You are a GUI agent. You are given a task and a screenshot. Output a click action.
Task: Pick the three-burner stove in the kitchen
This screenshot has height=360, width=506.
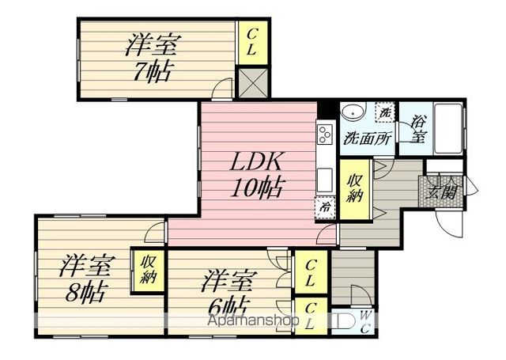pos(325,136)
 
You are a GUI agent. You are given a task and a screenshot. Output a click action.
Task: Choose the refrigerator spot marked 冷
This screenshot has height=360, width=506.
pos(326,207)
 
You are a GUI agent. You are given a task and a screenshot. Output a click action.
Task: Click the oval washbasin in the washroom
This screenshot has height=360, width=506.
pos(353,112)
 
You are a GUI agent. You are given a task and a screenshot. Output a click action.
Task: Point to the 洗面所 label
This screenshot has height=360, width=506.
pos(366,137)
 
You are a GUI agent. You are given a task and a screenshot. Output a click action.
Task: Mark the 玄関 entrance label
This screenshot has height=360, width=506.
pos(444,191)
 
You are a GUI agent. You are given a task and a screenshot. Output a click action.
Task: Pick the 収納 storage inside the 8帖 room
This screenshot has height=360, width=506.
pos(149,271)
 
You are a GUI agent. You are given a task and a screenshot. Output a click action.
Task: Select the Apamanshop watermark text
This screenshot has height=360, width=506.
pos(254,323)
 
